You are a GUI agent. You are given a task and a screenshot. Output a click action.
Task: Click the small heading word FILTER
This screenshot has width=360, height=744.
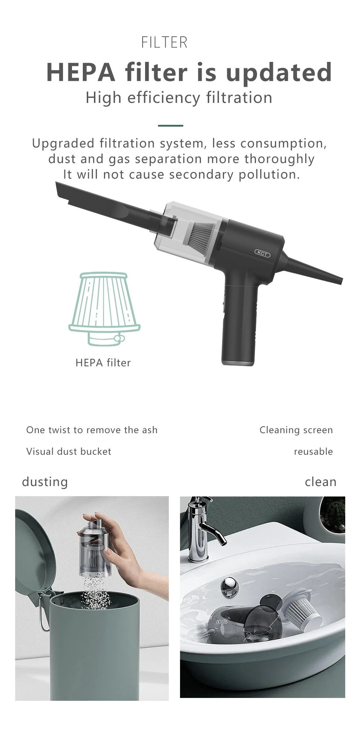tap(164, 42)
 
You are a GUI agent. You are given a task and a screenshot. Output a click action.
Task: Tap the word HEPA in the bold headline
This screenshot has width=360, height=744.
tap(81, 72)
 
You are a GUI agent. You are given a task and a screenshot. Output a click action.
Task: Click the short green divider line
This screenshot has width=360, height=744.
tap(170, 126)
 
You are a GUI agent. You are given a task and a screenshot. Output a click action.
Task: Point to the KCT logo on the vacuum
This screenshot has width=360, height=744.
tap(262, 253)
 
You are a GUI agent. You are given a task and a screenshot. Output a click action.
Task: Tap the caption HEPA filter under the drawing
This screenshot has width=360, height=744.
tap(103, 363)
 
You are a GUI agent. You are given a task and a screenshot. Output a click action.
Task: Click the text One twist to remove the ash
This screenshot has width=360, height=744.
tap(92, 430)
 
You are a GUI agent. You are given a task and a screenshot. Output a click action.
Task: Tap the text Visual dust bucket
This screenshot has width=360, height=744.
tap(69, 452)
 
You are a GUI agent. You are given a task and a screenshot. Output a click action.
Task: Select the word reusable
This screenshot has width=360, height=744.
tap(313, 452)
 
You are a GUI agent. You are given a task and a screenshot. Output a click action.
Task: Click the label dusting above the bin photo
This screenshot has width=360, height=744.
tap(45, 482)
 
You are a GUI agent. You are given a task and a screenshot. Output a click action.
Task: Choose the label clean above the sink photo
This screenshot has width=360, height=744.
tap(320, 482)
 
